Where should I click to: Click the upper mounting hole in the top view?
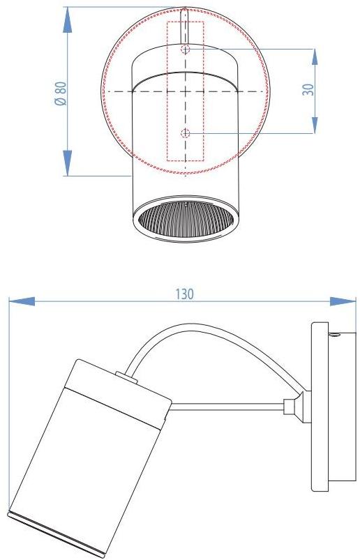(185, 50)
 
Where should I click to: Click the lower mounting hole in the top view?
(185, 133)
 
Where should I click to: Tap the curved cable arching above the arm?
(209, 335)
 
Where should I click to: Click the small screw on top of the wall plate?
(336, 337)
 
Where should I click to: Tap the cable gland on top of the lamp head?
(126, 377)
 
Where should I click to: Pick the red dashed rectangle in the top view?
(185, 91)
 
